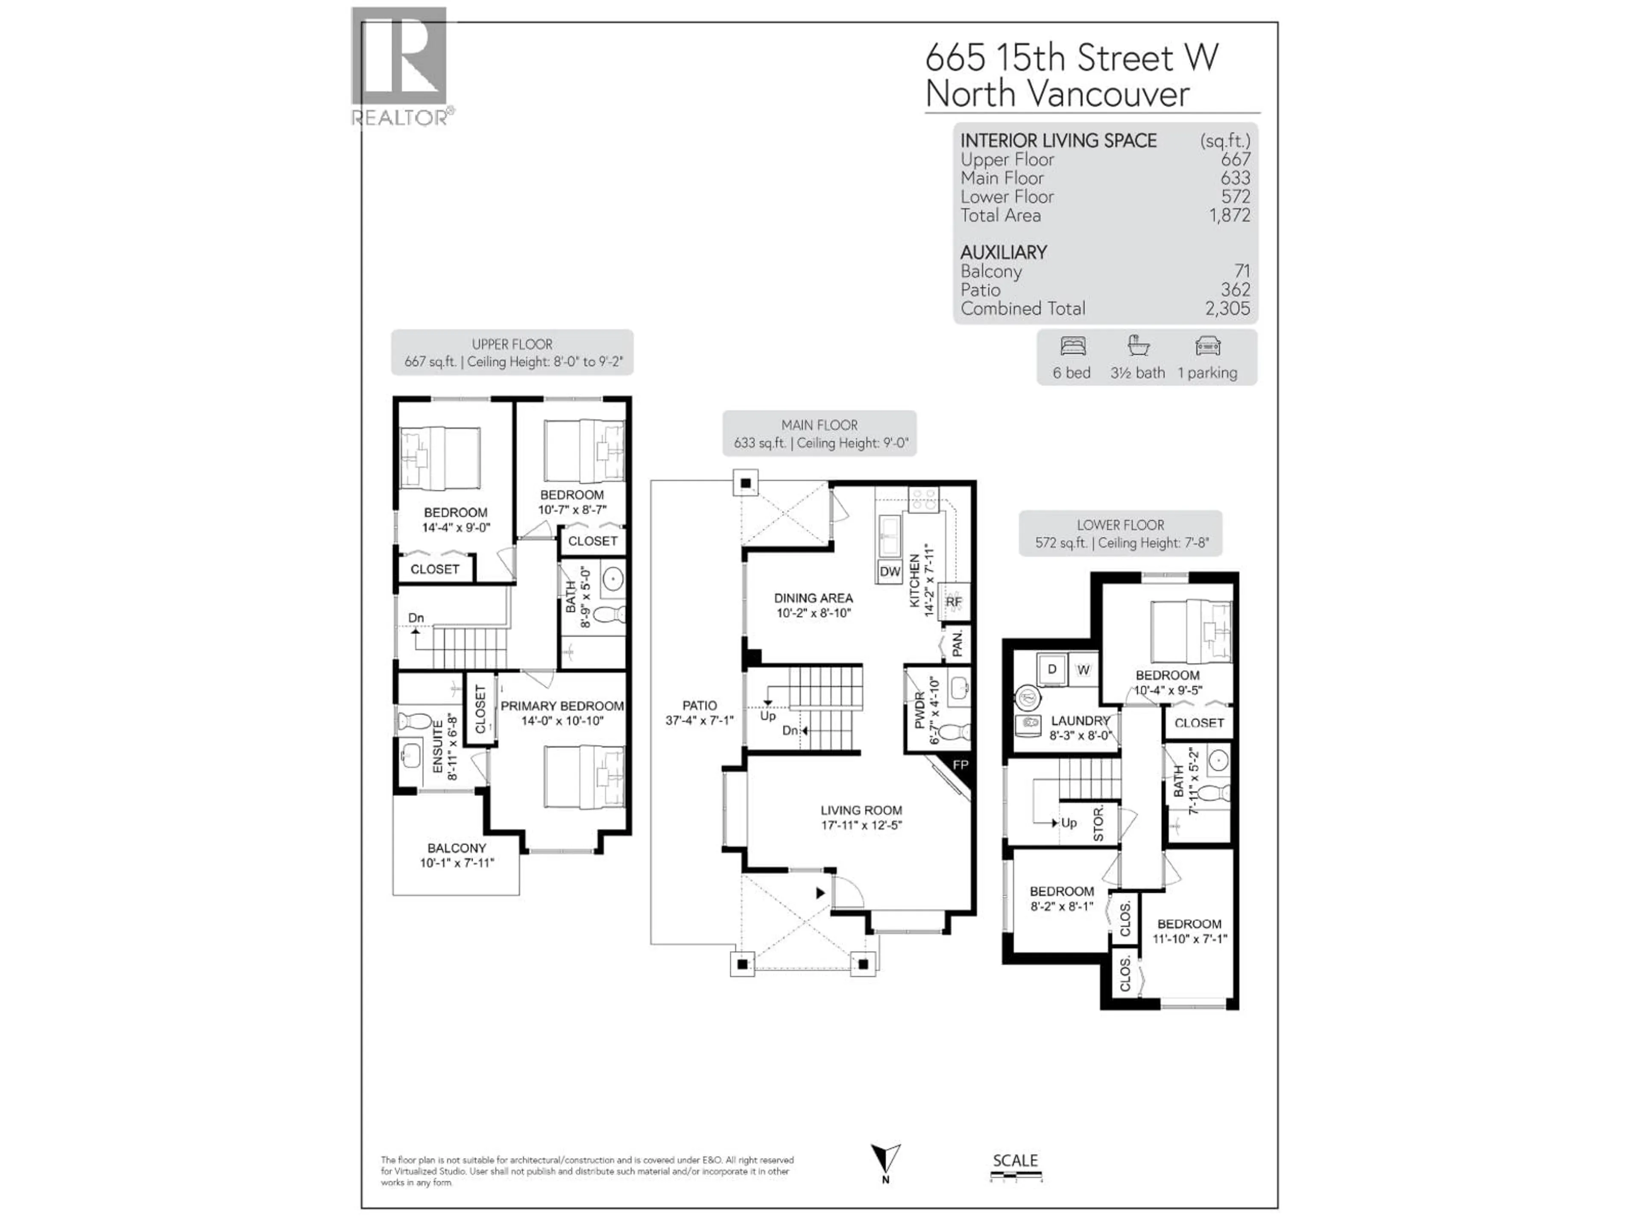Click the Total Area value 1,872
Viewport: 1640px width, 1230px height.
(1229, 216)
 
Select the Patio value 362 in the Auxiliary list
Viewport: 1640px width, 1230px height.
(1235, 290)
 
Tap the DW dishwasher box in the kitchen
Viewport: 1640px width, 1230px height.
(890, 571)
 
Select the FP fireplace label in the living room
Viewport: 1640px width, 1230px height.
(960, 764)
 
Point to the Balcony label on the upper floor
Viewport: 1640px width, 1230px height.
(457, 847)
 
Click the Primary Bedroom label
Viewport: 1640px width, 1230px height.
(562, 706)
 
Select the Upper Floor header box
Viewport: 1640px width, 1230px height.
(512, 353)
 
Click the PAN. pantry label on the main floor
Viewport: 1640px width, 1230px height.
(957, 644)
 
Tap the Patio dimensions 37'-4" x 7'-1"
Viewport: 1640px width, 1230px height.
(699, 720)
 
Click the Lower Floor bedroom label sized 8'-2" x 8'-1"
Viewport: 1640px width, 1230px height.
(1062, 891)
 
